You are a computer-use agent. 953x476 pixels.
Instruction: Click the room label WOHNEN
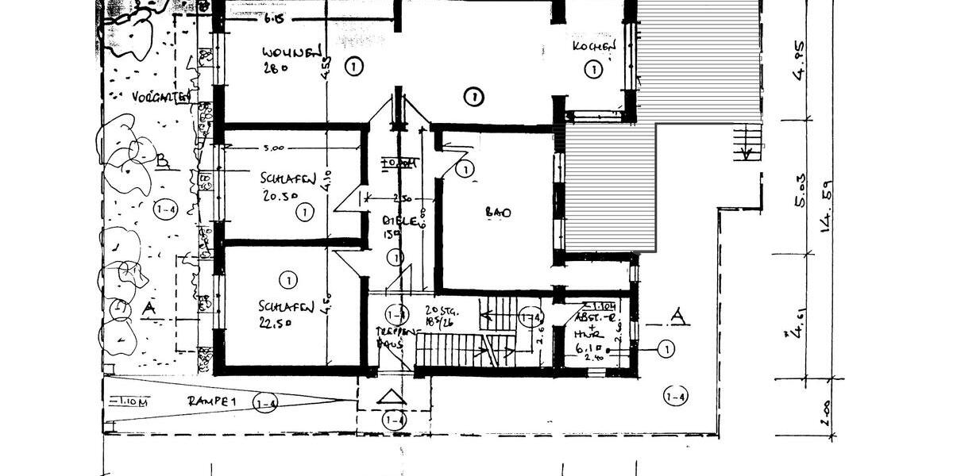pos(291,53)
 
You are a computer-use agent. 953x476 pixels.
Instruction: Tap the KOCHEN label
pos(594,48)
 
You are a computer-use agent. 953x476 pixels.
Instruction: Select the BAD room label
pos(498,213)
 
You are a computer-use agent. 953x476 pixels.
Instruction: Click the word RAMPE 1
pos(213,402)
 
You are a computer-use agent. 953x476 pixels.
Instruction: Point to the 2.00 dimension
pos(826,413)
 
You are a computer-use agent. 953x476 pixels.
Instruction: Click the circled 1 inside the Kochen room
pos(592,70)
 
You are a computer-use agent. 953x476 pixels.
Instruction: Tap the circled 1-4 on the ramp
pos(266,404)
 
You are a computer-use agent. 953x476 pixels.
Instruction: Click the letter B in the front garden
pos(163,163)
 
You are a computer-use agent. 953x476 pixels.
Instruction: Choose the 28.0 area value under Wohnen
pos(274,68)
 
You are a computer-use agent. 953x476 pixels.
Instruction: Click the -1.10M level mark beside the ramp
pos(126,401)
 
